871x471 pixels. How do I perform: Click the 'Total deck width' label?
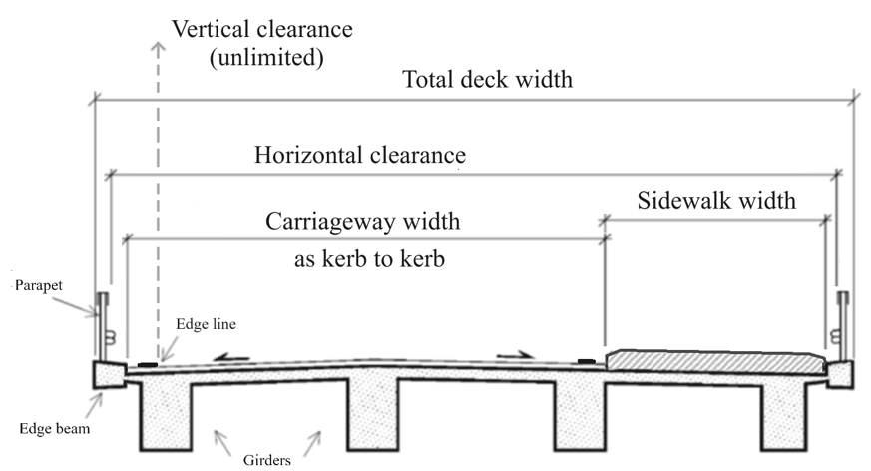(x=487, y=79)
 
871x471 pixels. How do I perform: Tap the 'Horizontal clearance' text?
(x=360, y=156)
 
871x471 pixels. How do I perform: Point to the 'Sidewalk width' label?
(x=716, y=200)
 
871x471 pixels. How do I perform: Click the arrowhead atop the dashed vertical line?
(x=156, y=46)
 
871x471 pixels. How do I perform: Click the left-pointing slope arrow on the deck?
(x=228, y=353)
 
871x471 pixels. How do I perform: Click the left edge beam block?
(x=107, y=374)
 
